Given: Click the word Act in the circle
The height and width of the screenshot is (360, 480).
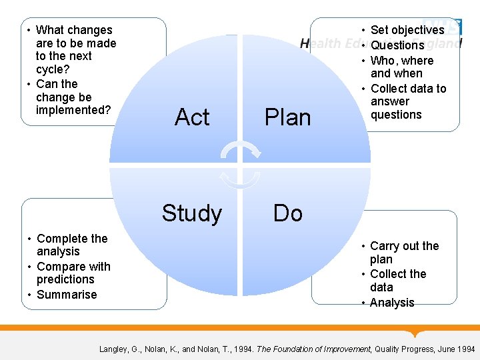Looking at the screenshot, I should pyautogui.click(x=192, y=117).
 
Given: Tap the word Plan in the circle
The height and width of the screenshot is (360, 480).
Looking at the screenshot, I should pyautogui.click(x=287, y=117).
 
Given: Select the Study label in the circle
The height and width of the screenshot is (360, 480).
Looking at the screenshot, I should pyautogui.click(x=192, y=213).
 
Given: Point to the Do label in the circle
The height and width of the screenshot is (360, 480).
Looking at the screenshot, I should pyautogui.click(x=287, y=213).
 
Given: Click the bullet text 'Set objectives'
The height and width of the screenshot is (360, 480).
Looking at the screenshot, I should pyautogui.click(x=407, y=30).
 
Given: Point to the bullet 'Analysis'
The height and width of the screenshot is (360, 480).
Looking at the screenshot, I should pyautogui.click(x=392, y=303).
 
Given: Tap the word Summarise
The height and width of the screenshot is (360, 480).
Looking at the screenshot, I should pyautogui.click(x=67, y=295).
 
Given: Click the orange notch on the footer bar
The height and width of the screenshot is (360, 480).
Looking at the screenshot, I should pyautogui.click(x=417, y=333).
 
